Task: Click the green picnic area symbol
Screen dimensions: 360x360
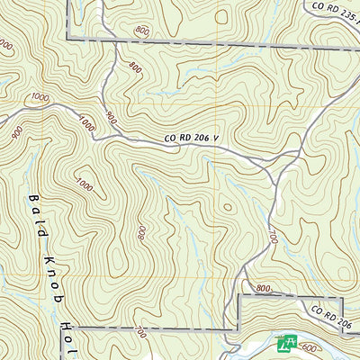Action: [x=288, y=342]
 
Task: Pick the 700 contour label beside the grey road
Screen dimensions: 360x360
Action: [x=271, y=237]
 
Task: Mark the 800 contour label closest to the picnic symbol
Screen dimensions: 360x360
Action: [x=263, y=289]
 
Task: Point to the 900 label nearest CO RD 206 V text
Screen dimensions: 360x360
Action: [x=111, y=117]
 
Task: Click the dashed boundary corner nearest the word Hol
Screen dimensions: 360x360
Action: [x=71, y=329]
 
